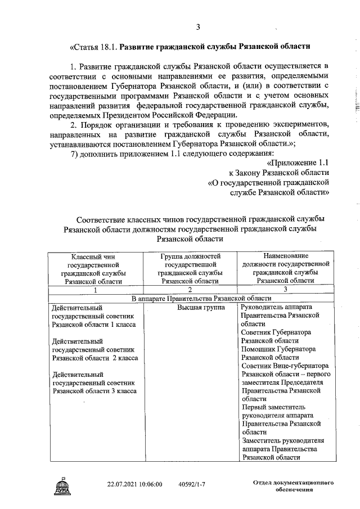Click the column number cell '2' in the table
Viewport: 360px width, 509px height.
pos(190,290)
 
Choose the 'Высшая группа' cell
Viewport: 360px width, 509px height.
pos(201,308)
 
